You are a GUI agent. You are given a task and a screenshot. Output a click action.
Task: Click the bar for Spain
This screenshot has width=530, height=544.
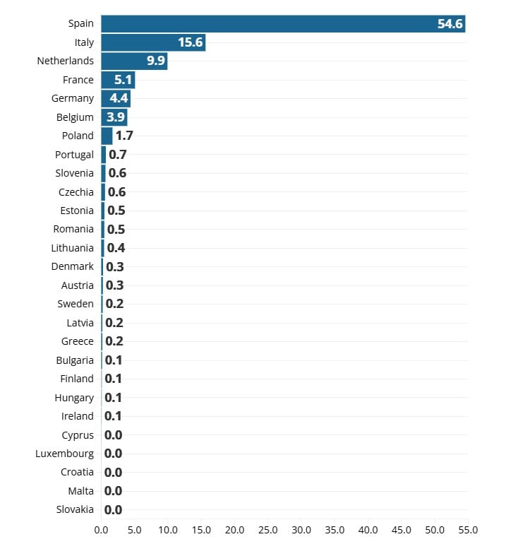pos(282,23)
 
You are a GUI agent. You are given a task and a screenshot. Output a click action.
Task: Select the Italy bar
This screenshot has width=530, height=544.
pos(152,42)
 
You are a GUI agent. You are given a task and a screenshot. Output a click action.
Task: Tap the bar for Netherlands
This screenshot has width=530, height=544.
pos(134,61)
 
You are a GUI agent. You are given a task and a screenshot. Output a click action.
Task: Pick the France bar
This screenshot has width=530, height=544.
pos(117,80)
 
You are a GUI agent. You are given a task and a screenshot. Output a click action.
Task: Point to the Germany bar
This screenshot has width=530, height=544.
pos(115,98)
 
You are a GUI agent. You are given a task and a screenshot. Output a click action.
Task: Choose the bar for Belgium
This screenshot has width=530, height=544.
pos(114,117)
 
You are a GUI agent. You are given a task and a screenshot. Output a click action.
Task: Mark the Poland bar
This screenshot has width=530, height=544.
pos(107,136)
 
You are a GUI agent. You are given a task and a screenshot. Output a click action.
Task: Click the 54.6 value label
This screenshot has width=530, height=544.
pos(450,23)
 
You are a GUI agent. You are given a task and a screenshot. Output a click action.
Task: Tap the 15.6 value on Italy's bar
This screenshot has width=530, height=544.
pos(191,42)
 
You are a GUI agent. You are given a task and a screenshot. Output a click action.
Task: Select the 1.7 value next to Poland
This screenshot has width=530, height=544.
pos(124,136)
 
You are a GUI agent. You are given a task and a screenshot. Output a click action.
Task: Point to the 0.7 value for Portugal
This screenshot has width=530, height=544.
pos(117,154)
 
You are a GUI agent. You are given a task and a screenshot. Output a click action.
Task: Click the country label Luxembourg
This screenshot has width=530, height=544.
pos(64,453)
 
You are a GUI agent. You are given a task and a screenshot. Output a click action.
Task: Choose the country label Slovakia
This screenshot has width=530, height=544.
pos(75,509)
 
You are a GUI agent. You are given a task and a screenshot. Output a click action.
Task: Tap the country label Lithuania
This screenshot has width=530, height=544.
pos(72,247)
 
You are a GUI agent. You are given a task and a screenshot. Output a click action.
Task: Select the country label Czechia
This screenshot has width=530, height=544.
pos(76,191)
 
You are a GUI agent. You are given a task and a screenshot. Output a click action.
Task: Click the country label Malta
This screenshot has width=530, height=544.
pos(80,490)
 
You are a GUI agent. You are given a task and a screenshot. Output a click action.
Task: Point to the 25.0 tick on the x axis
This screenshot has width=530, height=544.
pos(267,529)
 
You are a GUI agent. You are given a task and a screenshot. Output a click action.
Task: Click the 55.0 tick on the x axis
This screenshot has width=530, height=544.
pos(468,529)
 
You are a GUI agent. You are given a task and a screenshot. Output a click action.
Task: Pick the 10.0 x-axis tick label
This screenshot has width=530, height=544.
pos(167,529)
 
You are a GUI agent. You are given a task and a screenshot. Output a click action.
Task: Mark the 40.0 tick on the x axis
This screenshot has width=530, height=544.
pos(368,529)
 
